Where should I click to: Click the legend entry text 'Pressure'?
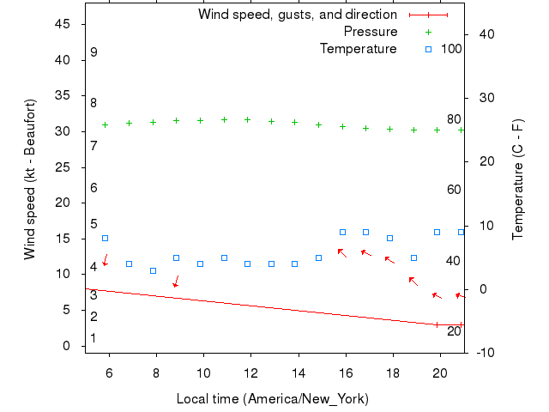371,32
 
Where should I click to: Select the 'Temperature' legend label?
359,49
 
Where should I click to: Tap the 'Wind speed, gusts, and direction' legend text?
298,15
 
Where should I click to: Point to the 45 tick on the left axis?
63,24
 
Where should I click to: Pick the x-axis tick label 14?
299,373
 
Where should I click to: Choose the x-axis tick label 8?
156,373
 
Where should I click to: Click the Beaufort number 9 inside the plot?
94,52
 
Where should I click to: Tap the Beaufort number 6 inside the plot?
94,188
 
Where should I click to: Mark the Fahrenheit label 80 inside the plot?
454,119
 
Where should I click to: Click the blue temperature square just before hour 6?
106,239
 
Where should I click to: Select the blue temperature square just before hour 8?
153,270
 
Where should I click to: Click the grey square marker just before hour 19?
413,257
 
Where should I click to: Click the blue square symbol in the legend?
429,49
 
